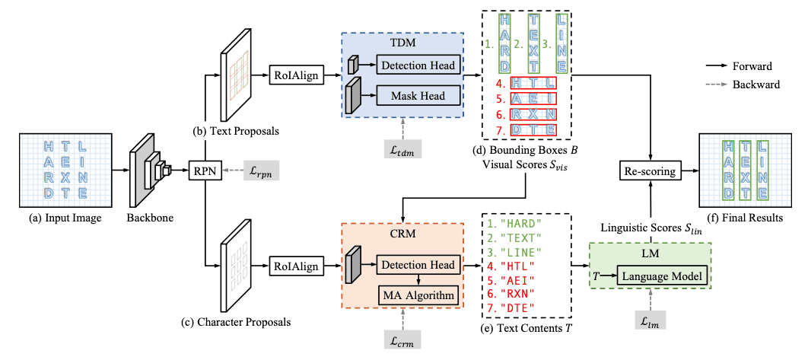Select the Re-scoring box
(x=650, y=171)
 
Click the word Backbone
(x=149, y=218)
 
